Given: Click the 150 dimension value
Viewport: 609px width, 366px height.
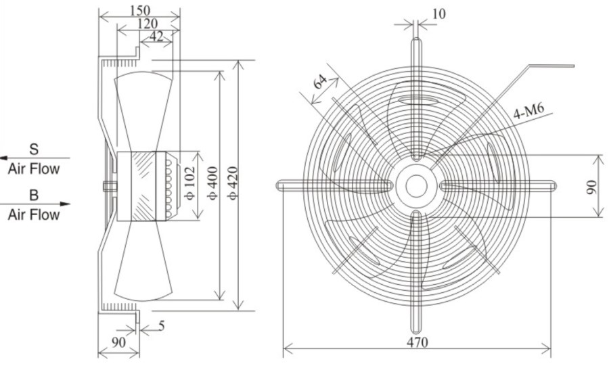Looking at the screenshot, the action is tap(140, 10).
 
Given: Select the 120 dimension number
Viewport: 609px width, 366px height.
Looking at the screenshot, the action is tap(148, 24).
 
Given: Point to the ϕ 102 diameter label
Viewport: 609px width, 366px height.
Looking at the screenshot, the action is tap(189, 183).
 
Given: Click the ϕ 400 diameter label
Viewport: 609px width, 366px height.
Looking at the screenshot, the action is tap(213, 183).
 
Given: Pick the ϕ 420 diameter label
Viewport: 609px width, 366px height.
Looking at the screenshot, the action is tap(232, 183).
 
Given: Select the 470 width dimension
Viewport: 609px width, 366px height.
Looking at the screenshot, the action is tap(418, 342).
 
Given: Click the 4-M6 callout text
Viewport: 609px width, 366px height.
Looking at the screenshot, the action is tap(528, 112).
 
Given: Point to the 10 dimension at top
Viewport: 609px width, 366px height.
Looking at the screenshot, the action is tap(438, 14).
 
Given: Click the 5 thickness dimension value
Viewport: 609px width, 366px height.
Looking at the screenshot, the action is tap(162, 325).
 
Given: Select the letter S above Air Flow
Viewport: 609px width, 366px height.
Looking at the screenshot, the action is tap(35, 149).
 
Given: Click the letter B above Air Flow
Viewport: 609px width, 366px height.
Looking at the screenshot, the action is tap(35, 194).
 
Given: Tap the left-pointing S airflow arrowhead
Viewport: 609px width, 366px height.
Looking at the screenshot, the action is tap(4, 158).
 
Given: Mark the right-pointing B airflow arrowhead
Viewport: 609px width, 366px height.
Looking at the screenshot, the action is tap(66, 204).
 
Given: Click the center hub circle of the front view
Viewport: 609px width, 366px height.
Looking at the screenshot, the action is tap(416, 186).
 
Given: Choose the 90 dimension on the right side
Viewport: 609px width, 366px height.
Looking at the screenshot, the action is tap(591, 187).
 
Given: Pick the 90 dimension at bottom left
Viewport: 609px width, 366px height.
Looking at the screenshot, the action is tap(119, 342).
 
